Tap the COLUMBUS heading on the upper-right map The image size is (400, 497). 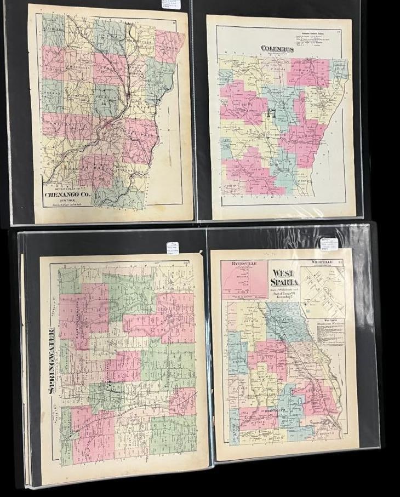(277, 49)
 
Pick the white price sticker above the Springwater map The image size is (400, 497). (173, 248)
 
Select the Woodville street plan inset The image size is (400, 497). (323, 290)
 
